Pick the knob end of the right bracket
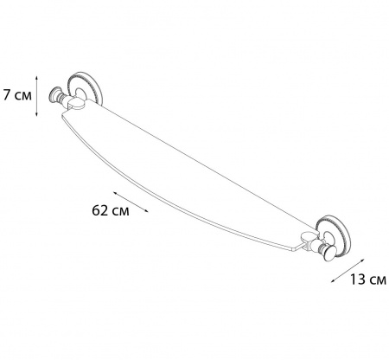point(328,252)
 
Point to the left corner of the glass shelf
point(60,126)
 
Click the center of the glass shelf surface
point(182,173)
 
